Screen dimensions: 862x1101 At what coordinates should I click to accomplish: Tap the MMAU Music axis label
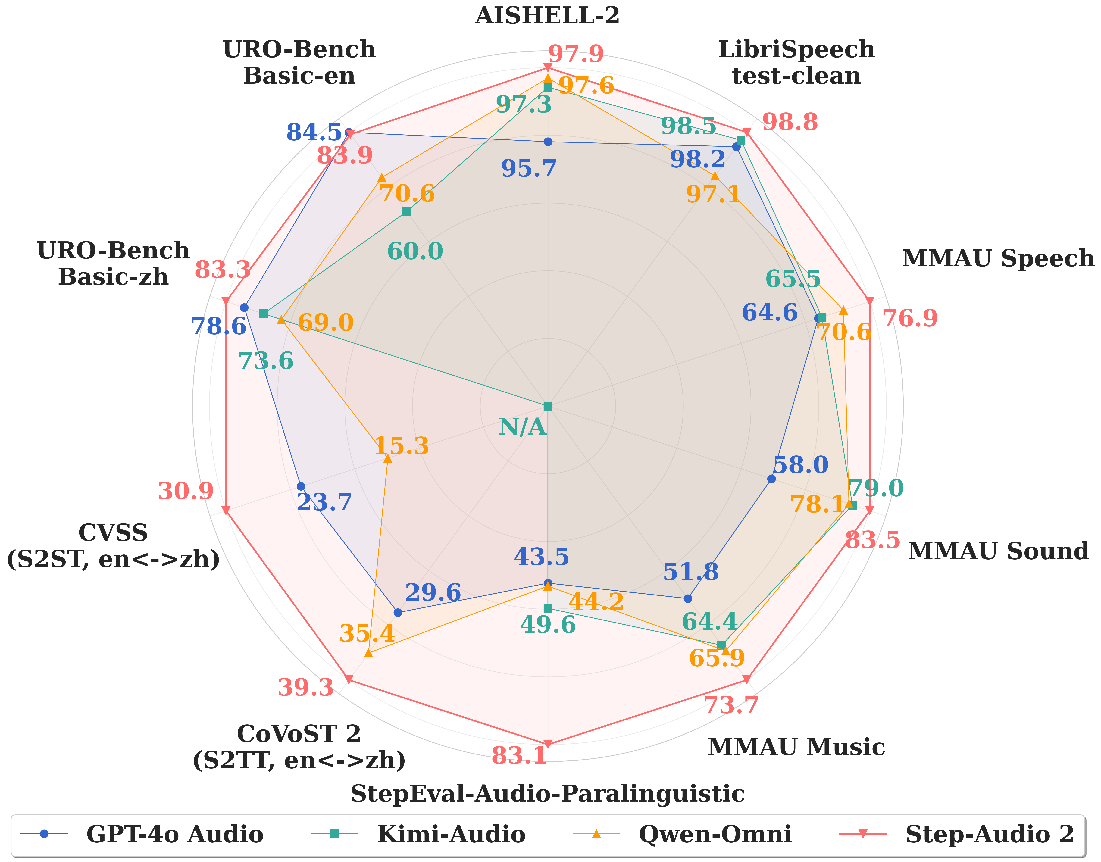pyautogui.click(x=796, y=747)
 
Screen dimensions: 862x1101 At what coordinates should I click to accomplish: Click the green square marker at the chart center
pyautogui.click(x=548, y=406)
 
